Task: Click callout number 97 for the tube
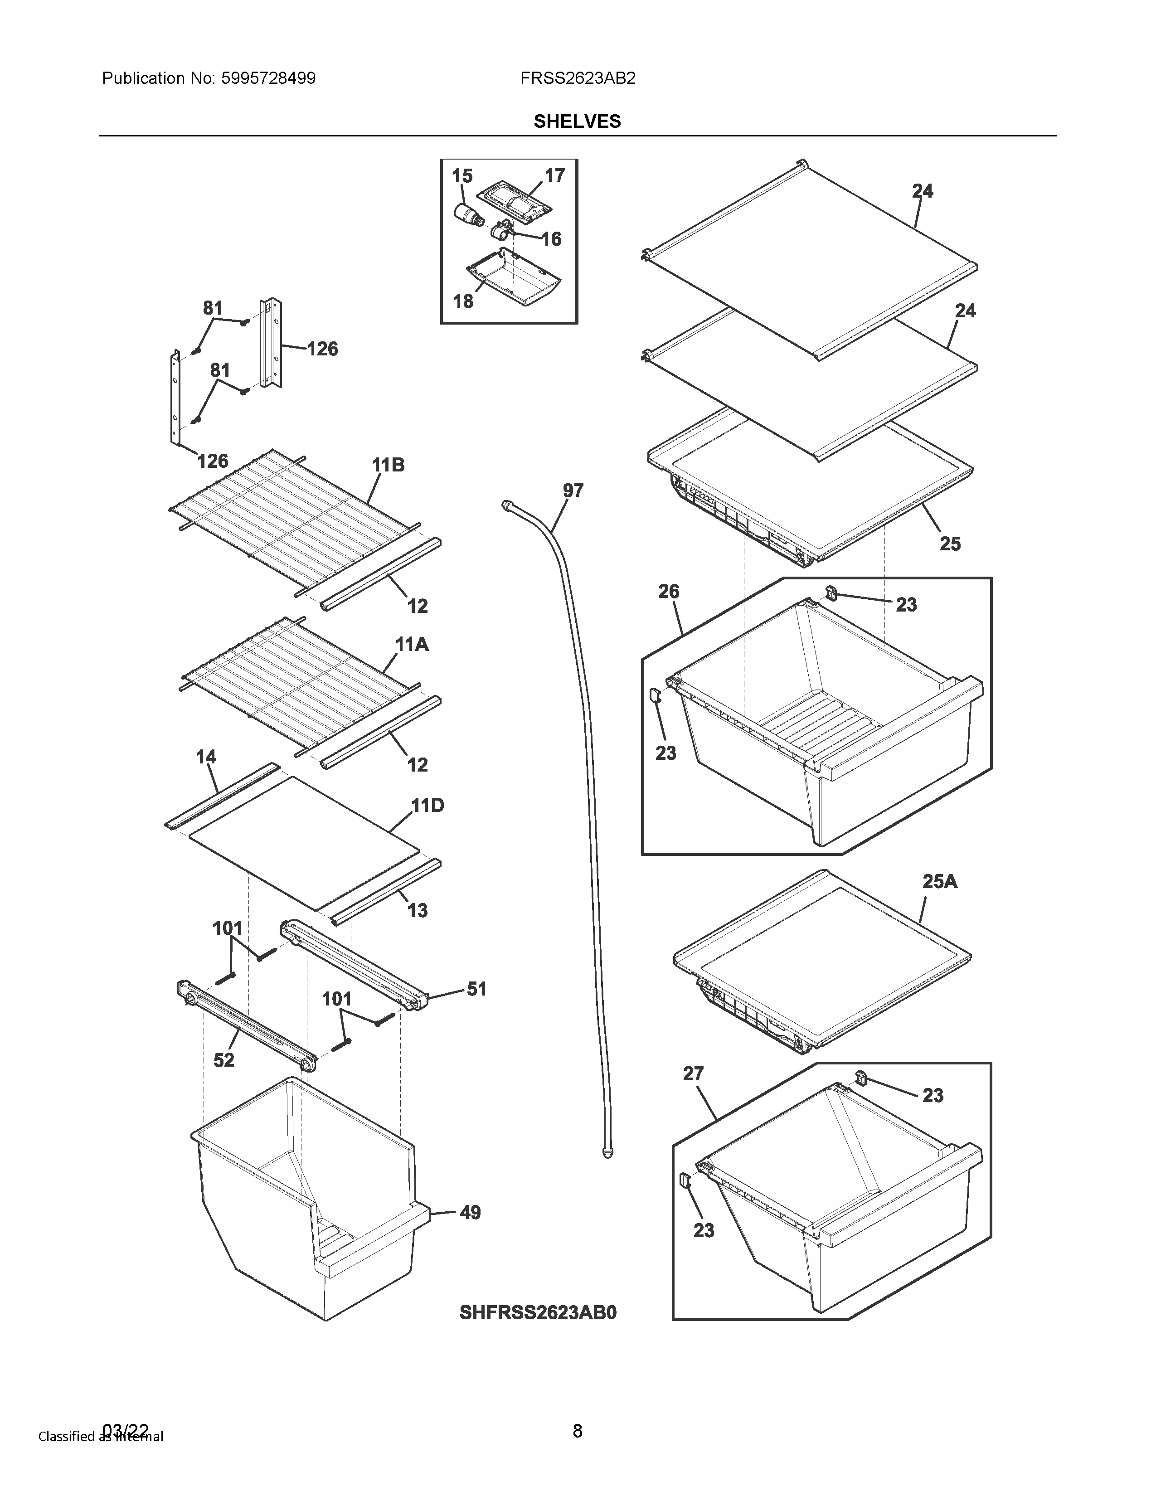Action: tap(573, 491)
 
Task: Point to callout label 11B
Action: tap(389, 466)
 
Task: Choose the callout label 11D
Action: tap(427, 806)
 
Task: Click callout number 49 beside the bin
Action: tap(470, 1212)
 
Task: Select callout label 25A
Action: tap(940, 882)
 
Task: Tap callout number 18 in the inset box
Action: tap(463, 301)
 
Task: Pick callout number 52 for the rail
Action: tap(224, 1060)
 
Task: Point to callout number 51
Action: tap(476, 989)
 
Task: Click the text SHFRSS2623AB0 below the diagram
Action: tap(538, 1312)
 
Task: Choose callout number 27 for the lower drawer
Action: tap(693, 1074)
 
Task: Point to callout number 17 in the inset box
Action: tap(555, 175)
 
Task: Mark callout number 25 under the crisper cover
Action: tap(950, 544)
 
